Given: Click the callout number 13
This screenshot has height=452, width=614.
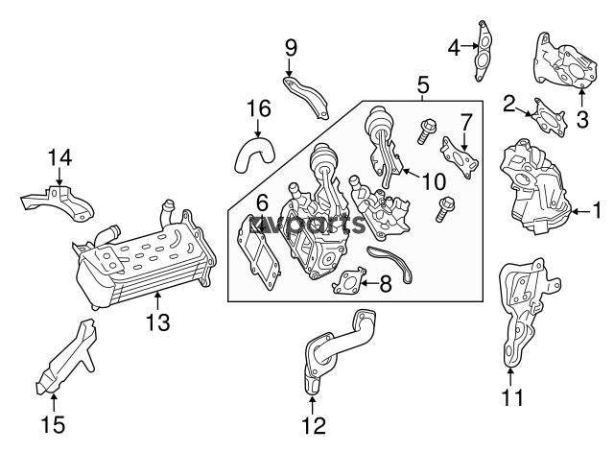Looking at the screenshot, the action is coord(157,322).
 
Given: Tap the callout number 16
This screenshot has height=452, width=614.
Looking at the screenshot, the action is coord(259,108).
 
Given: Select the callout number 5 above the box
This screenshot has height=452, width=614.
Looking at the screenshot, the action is coord(423,84).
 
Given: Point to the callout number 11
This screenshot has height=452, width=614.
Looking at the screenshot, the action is coord(512,398).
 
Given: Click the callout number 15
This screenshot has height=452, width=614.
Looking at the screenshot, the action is coord(54,424).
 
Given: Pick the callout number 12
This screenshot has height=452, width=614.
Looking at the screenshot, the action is coord(314,426).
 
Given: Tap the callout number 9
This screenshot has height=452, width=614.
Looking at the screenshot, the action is coord(291,48).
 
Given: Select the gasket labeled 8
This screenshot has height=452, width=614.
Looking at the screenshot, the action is coord(347,280).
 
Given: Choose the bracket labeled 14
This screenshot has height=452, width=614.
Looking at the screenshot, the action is coord(59,203).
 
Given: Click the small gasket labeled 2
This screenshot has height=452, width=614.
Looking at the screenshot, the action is coord(548,117).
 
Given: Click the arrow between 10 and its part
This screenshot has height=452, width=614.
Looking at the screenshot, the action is coord(412,173).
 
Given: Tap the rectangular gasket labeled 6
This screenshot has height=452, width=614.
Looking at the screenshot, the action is coord(258,252).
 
